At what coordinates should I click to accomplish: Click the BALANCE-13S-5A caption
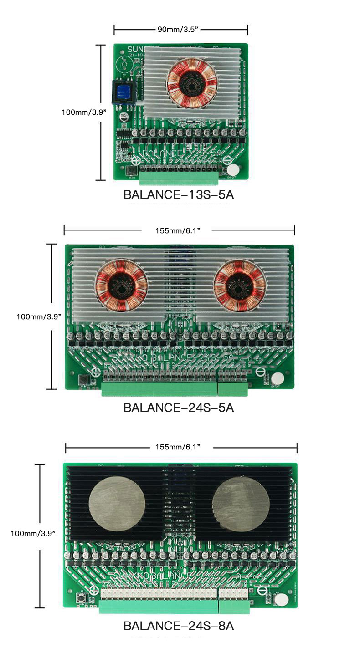tap(179, 195)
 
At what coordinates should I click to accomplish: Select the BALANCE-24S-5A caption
tap(179, 408)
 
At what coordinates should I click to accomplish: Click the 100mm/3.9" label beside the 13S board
tap(84, 112)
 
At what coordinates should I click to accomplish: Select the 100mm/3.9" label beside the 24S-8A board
tap(33, 533)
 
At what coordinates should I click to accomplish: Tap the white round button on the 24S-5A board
tap(277, 378)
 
